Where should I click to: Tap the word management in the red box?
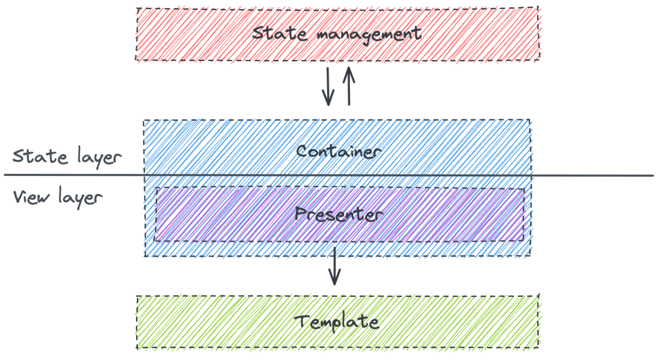pos(369,35)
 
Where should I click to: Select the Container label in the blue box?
pos(339,152)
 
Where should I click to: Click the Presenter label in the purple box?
pos(338,214)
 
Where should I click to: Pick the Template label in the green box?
pos(336,322)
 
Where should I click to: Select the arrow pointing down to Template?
pos(335,266)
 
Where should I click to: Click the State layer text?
pos(66,157)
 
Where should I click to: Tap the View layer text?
pos(57,198)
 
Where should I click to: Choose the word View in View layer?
pos(30,197)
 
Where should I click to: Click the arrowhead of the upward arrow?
pos(349,70)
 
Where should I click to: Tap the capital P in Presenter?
pos(301,213)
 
